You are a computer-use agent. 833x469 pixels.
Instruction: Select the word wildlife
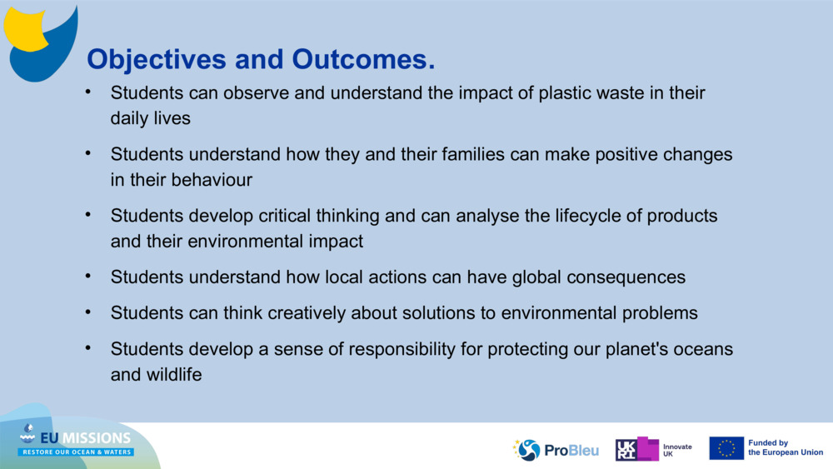[x=173, y=374]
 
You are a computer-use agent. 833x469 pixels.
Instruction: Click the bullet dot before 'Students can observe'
[x=88, y=92]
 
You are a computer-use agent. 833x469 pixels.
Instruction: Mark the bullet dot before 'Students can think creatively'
[x=88, y=312]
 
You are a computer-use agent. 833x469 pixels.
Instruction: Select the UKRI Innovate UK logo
[x=654, y=449]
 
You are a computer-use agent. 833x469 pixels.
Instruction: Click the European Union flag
[x=726, y=448]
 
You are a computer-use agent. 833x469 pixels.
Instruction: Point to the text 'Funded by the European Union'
[x=785, y=448]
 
